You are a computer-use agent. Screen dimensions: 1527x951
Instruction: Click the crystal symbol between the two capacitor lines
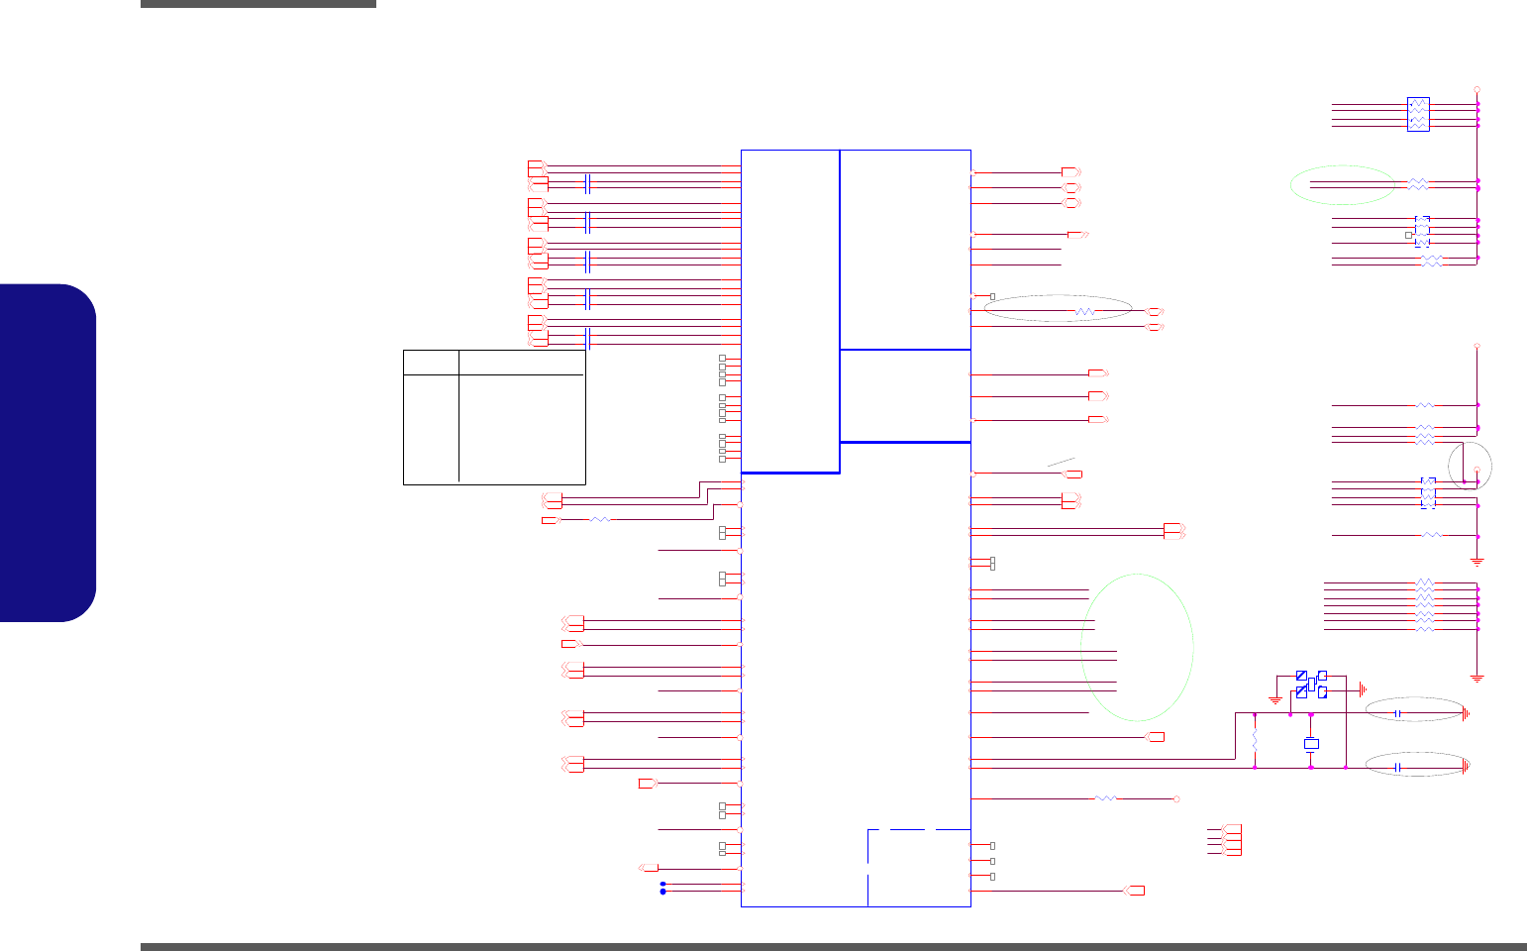(1311, 743)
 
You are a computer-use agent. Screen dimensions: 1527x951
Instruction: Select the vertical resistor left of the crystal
(1255, 741)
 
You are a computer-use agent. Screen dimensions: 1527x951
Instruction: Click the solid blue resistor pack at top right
(1418, 114)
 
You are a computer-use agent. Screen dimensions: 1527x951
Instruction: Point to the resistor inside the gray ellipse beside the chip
(1085, 311)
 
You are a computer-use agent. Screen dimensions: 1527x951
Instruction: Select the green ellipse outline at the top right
(1343, 185)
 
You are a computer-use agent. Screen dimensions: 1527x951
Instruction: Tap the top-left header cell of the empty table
(431, 362)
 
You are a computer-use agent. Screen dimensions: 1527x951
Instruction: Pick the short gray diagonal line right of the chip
(1061, 462)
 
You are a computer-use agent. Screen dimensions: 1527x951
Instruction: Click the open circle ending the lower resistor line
(1176, 798)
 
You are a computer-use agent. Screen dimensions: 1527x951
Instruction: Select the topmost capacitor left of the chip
(589, 184)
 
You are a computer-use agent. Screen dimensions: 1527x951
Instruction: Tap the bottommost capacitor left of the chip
(589, 340)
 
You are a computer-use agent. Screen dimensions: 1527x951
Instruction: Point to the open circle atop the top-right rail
(1476, 87)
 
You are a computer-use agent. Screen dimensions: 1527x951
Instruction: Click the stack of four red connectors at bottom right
(1231, 840)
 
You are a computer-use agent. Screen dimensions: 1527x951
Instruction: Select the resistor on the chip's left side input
(600, 519)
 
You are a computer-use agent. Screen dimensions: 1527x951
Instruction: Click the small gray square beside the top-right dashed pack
(1408, 235)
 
